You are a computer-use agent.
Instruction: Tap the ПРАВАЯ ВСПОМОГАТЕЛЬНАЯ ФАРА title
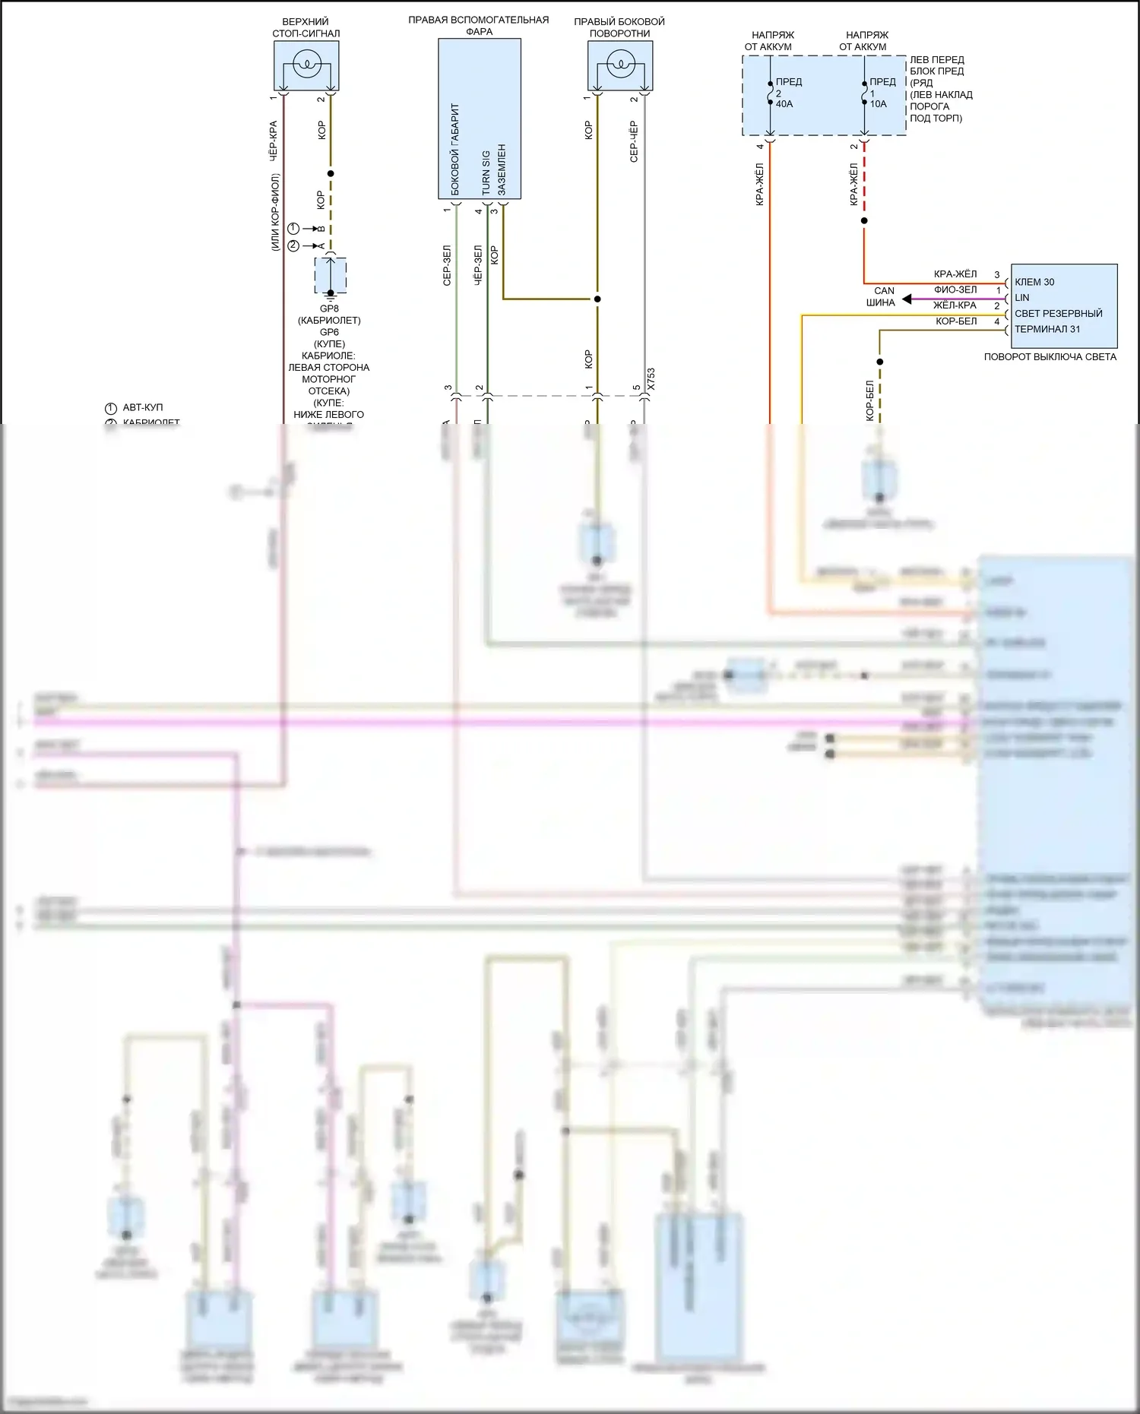(x=479, y=25)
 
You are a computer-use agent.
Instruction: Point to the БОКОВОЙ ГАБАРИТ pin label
(x=455, y=150)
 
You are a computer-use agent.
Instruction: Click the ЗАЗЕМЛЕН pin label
(x=502, y=169)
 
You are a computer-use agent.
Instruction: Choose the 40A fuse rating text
(x=784, y=104)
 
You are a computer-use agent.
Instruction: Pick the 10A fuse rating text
(x=878, y=104)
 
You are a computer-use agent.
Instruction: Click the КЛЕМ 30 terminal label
(x=1034, y=282)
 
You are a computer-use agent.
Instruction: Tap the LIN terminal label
(x=1022, y=298)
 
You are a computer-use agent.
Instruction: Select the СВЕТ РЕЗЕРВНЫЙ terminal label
(x=1058, y=314)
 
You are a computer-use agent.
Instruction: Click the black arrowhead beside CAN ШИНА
(x=907, y=299)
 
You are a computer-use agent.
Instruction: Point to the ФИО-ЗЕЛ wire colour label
(x=955, y=289)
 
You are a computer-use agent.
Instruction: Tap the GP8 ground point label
(x=329, y=308)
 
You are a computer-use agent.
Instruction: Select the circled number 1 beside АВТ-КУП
(x=110, y=408)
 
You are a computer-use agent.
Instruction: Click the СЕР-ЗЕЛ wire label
(x=447, y=265)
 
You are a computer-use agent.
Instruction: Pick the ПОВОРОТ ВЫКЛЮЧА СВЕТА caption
(x=1050, y=356)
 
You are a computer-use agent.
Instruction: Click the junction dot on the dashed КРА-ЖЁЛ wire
(x=864, y=221)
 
